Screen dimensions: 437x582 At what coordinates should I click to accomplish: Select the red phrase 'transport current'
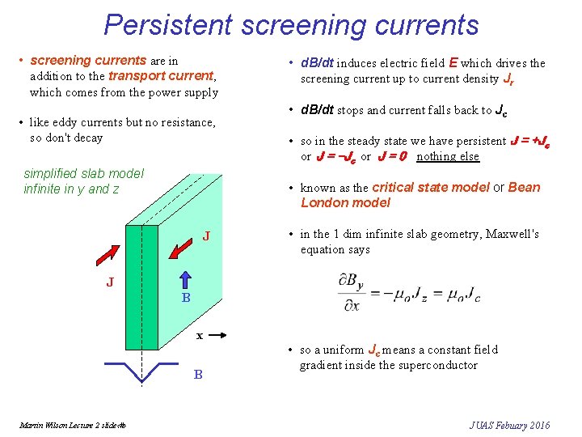pyautogui.click(x=162, y=76)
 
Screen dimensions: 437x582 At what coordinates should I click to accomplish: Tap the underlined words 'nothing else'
pyautogui.click(x=447, y=156)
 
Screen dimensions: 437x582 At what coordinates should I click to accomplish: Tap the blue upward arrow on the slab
pyautogui.click(x=184, y=280)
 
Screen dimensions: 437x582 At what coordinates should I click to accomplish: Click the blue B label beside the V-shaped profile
pyautogui.click(x=197, y=375)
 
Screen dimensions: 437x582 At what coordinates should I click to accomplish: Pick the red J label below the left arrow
pyautogui.click(x=110, y=282)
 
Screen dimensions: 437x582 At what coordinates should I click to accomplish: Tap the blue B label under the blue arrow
pyautogui.click(x=185, y=298)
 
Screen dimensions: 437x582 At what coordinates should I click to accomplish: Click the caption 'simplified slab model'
pyautogui.click(x=83, y=173)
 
